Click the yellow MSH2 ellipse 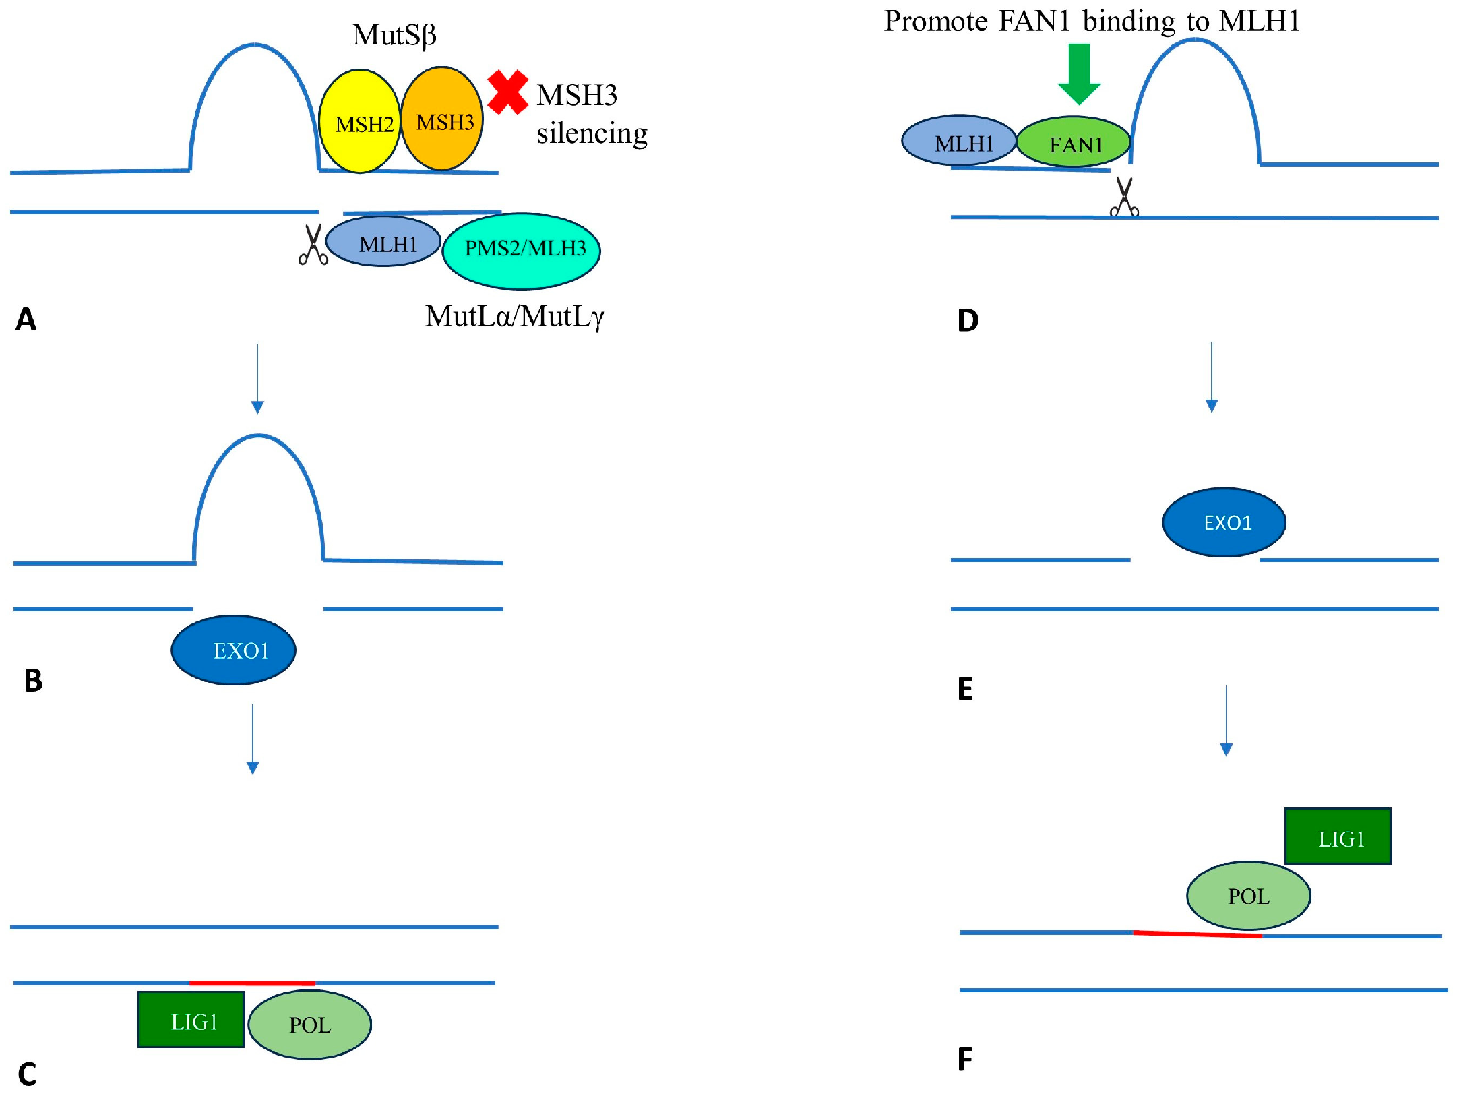[359, 121]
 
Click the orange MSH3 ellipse [442, 119]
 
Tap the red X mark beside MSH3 [507, 92]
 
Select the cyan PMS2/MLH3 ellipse [521, 251]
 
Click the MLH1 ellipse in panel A [383, 241]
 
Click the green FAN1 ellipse [1074, 142]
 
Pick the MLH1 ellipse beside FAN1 [959, 141]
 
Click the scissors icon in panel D [1124, 197]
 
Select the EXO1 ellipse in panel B [233, 650]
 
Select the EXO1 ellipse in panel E [1224, 522]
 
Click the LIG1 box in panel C [191, 1019]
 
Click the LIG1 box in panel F [1337, 836]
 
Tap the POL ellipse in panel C [309, 1025]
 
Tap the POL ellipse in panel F [1248, 896]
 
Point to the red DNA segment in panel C [252, 983]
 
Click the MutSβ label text [394, 35]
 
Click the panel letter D [968, 320]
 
